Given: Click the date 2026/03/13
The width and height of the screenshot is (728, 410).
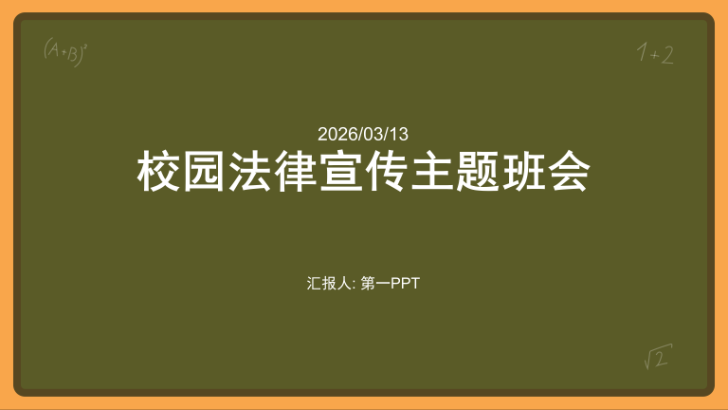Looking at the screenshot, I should (363, 134).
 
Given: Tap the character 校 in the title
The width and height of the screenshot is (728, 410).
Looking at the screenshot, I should (159, 172).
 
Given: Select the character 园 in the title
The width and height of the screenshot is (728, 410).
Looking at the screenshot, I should (205, 172).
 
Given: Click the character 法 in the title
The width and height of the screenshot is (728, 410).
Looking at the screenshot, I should (250, 172).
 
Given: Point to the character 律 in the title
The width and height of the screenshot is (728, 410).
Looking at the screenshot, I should (296, 172).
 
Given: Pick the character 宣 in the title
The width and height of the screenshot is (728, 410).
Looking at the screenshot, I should (341, 172).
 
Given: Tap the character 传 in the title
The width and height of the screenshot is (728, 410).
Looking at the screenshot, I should (387, 172).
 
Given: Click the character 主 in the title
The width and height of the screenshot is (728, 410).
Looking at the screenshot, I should (432, 172).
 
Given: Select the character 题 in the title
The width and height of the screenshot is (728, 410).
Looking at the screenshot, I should (478, 172).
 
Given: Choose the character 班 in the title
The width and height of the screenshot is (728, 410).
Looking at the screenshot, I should (523, 172).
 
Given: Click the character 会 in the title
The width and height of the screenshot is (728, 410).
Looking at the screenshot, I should (569, 172).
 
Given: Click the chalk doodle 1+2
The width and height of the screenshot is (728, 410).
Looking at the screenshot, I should (655, 54).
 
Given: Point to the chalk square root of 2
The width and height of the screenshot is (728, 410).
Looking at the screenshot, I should (658, 357).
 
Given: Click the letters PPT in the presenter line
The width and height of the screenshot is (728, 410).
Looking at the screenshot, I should (406, 283).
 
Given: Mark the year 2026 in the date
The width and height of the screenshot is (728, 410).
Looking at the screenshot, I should (335, 134).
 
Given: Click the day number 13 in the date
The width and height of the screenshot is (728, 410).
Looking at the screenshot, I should (400, 134).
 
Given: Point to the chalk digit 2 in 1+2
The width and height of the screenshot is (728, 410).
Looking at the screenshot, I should (667, 55).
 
